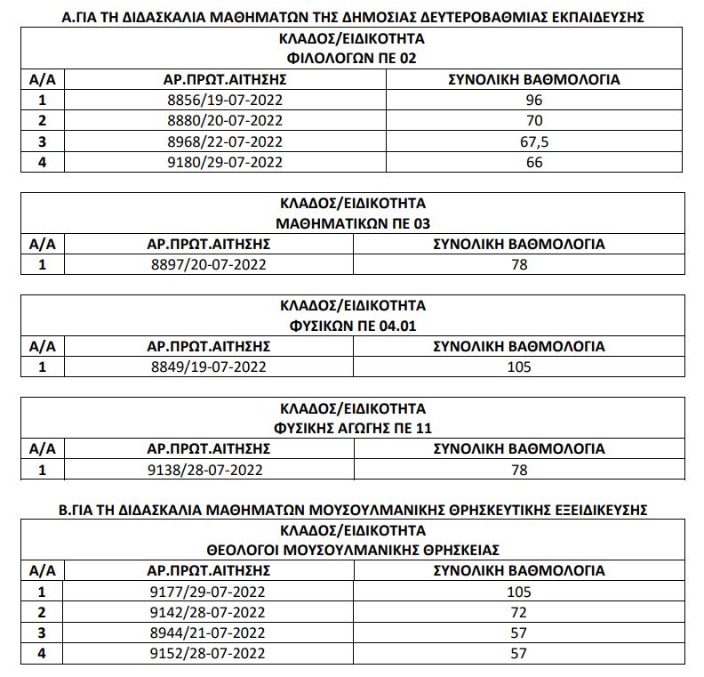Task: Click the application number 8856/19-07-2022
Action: (225, 100)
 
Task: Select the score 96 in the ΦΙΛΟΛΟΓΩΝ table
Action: (533, 100)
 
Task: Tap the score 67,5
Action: (533, 141)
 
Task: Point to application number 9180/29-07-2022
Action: (225, 162)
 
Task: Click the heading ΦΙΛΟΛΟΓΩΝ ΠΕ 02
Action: (353, 59)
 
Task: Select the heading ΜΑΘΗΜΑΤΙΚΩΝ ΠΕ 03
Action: (353, 223)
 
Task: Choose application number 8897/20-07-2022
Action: (208, 264)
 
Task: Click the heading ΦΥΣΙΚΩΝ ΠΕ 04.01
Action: (353, 326)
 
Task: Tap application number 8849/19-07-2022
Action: (208, 367)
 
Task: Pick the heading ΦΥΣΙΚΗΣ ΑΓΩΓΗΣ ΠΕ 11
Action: (353, 429)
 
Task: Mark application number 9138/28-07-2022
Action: (208, 470)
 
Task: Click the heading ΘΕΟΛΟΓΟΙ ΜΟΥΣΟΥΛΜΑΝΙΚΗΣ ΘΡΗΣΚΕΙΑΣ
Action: (353, 550)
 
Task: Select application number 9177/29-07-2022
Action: (208, 592)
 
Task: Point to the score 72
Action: (519, 612)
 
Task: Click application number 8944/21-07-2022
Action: (208, 633)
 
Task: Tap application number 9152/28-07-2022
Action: (208, 653)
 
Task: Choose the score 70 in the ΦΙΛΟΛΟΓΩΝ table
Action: (533, 120)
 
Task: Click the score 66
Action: (533, 162)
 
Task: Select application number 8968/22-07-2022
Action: (225, 141)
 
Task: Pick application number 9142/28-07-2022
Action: (208, 612)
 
